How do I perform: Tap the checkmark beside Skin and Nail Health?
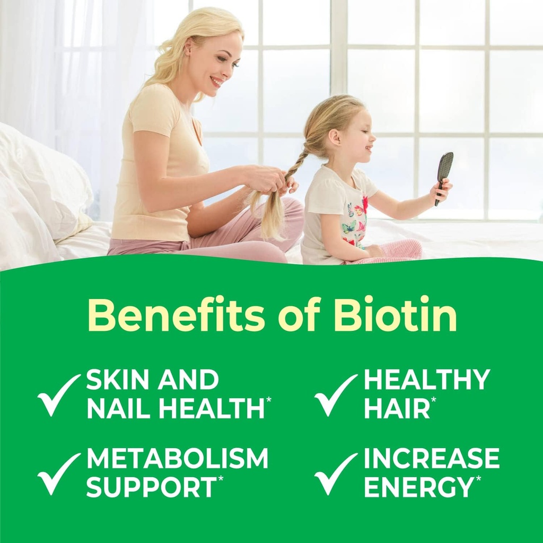(x=58, y=395)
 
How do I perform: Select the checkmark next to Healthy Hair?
(x=335, y=395)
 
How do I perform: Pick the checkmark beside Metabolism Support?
(x=58, y=473)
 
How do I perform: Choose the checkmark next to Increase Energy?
(x=335, y=473)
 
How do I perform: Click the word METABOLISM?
(x=177, y=459)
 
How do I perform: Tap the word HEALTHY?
(x=427, y=380)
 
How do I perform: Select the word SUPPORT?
(x=151, y=487)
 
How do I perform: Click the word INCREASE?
(x=432, y=459)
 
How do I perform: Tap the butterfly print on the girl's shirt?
(x=349, y=227)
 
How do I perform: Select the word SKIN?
(x=113, y=380)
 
